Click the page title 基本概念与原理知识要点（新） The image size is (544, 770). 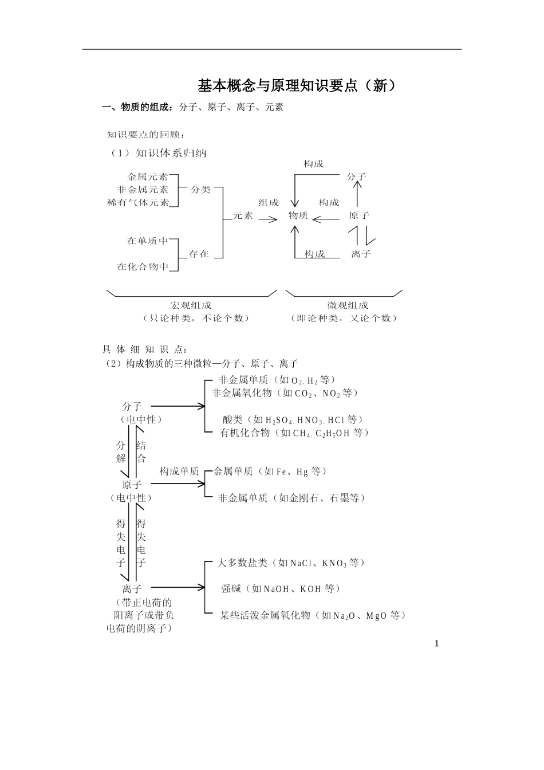point(297,86)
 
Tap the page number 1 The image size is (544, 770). point(437,643)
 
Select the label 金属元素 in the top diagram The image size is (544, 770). point(148,176)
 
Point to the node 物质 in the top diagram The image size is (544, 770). point(298,215)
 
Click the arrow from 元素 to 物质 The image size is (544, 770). point(268,219)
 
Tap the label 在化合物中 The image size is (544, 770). point(143,266)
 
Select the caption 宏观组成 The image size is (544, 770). point(191,305)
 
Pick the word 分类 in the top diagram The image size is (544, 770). point(200,190)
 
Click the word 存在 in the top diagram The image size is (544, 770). point(199,254)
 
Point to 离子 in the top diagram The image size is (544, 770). point(361,254)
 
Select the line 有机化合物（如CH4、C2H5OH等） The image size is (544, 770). point(294,433)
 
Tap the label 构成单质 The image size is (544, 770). point(179,472)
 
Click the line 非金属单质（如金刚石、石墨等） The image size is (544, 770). point(291,498)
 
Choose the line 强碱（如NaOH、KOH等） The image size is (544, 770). point(281,589)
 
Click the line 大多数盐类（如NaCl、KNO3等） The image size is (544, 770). point(291,563)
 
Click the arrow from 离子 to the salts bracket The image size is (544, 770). point(178,587)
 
